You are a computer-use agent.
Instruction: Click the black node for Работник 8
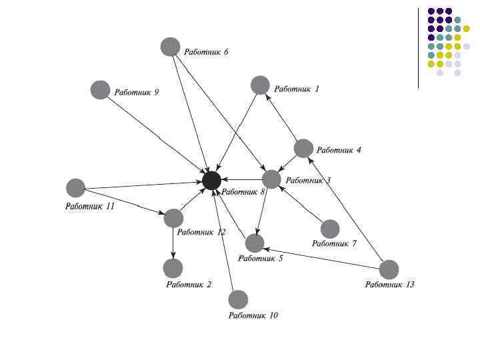coord(212,180)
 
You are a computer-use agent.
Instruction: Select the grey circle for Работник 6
coord(171,47)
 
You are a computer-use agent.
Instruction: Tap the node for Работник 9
coord(100,89)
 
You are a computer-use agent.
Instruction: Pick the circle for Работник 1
coord(260,85)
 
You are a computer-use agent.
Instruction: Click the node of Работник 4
coord(303,148)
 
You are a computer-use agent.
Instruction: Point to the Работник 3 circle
coord(271,179)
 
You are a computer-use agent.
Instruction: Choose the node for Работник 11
coord(76,188)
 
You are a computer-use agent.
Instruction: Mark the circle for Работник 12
coord(173,218)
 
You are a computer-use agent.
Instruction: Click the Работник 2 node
coord(173,268)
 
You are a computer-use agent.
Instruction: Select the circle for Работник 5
coord(255,243)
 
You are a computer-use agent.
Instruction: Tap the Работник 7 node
coord(330,229)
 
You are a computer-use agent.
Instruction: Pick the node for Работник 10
coord(238,299)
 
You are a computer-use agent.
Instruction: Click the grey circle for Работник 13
coord(389,269)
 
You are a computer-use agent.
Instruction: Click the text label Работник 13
coord(389,285)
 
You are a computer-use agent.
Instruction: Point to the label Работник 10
coord(253,315)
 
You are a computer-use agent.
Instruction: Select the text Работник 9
coord(137,93)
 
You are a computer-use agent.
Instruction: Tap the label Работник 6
coord(207,51)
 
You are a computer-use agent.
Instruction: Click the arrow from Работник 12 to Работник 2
coord(173,243)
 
